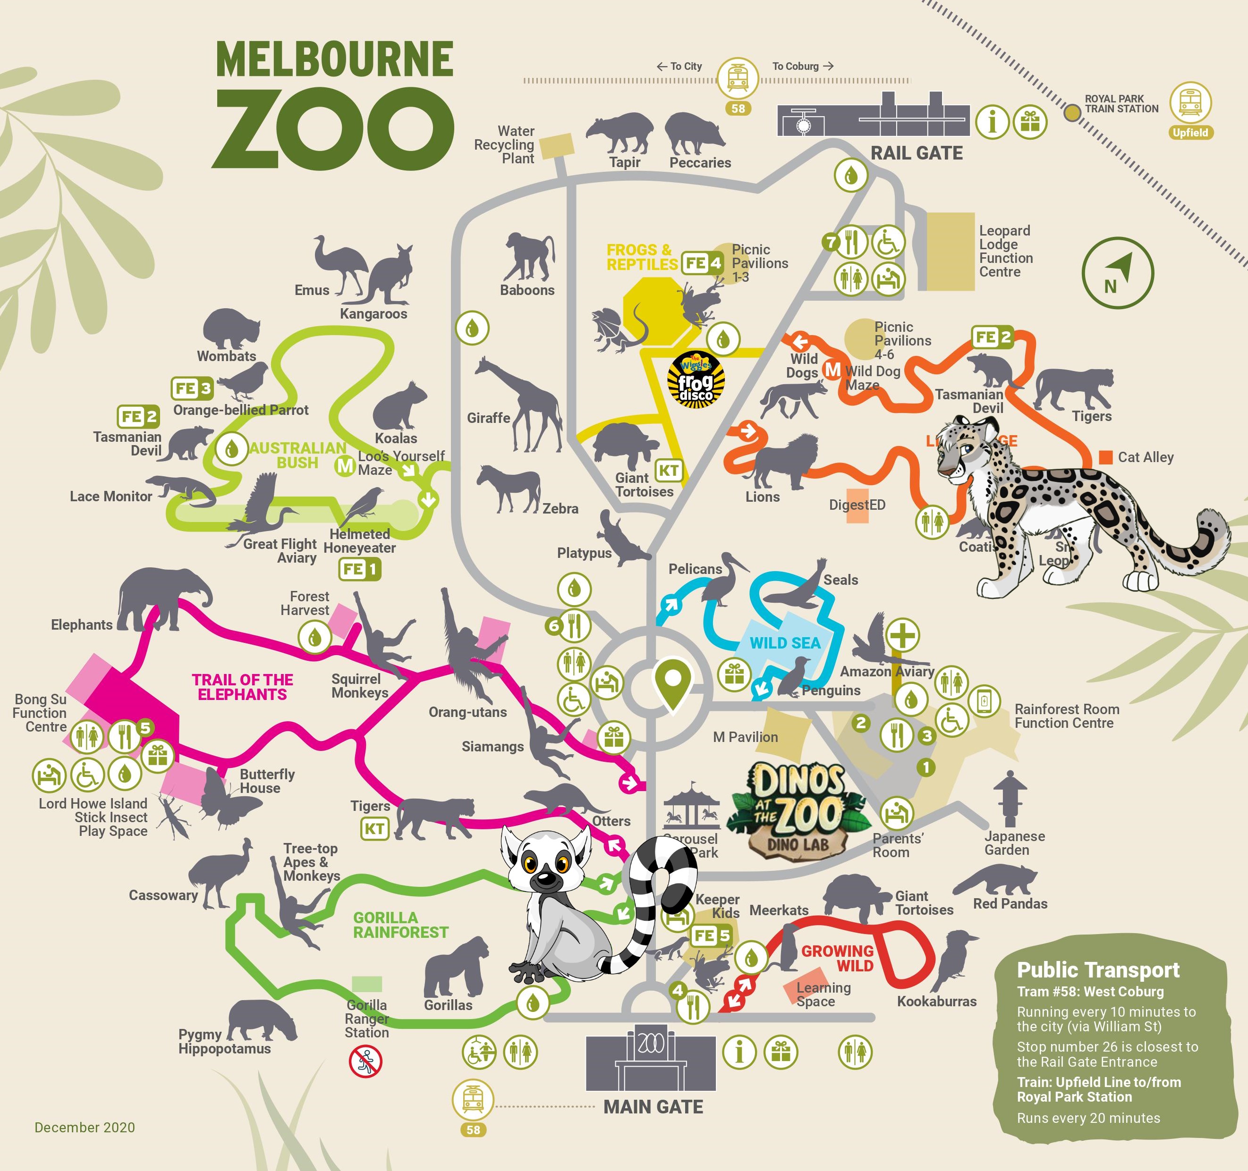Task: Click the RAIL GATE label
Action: (916, 153)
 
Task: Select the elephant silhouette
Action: (160, 599)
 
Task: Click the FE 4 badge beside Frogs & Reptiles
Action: (703, 263)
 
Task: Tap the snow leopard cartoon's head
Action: (967, 449)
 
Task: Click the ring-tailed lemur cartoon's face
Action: (546, 866)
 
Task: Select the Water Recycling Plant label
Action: (505, 145)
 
